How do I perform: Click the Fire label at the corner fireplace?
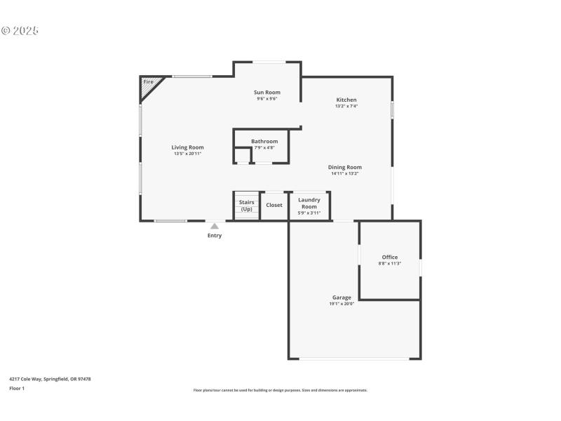(148, 82)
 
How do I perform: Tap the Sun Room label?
(267, 93)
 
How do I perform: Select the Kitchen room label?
(346, 100)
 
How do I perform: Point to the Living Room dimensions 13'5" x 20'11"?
(188, 154)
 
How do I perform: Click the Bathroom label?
(264, 142)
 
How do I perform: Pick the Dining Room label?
(345, 167)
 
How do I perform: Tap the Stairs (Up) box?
(246, 206)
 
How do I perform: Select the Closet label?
(274, 206)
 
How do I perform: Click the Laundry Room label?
(309, 203)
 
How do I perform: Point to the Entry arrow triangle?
(215, 226)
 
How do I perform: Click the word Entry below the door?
(215, 236)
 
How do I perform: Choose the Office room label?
(390, 258)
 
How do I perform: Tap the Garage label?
(342, 298)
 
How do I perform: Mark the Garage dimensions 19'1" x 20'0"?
(342, 304)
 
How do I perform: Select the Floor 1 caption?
(17, 388)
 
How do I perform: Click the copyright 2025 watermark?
(20, 31)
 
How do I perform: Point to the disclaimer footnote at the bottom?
(280, 390)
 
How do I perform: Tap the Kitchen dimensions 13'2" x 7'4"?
(346, 107)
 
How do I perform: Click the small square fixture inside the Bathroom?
(242, 155)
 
